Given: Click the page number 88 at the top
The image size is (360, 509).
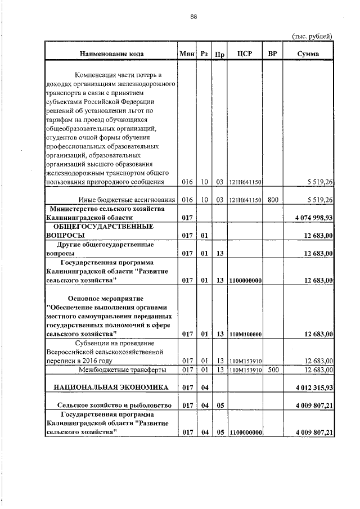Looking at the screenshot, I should click(193, 17).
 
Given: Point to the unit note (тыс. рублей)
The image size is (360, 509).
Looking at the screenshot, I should click(312, 36).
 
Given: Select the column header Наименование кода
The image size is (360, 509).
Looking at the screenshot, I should click(111, 54).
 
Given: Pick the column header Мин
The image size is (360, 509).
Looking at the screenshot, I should click(187, 54).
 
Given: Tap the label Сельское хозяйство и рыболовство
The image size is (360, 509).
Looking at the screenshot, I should click(111, 405).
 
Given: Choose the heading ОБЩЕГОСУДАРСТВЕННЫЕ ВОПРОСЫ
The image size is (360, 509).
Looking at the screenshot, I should click(100, 231).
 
